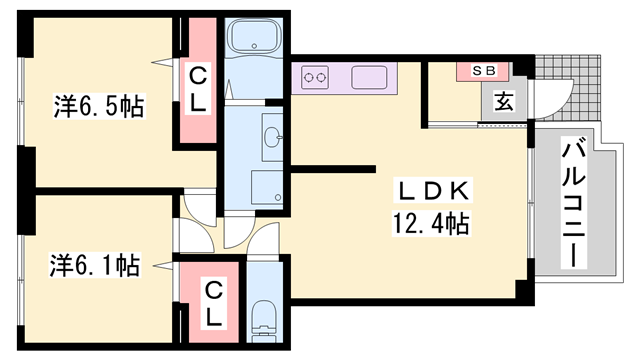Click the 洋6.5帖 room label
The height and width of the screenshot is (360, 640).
[99, 107]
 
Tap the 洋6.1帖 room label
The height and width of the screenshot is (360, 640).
[95, 265]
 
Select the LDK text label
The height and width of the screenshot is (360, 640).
[433, 191]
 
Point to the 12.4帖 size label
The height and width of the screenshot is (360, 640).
[431, 223]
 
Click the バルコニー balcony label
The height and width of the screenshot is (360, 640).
[573, 203]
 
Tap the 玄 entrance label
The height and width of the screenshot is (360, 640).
[504, 101]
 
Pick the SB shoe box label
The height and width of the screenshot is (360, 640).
[484, 71]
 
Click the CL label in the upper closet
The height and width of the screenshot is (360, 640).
[198, 89]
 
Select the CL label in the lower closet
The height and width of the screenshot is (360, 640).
[213, 304]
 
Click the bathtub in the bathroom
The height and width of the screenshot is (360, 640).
[253, 35]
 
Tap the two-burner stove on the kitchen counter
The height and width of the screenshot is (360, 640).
[315, 77]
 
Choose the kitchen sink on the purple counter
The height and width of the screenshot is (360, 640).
[369, 77]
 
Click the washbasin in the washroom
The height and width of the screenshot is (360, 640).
[273, 137]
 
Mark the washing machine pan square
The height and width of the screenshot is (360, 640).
[267, 187]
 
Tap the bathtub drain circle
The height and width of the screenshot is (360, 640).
[254, 46]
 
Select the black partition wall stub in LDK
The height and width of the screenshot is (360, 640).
[332, 169]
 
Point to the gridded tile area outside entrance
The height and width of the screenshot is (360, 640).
[568, 87]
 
